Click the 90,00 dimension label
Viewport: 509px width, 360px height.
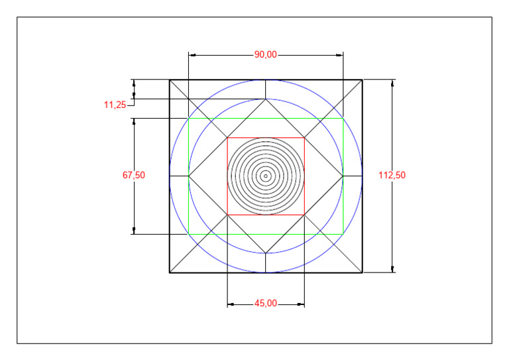click(x=266, y=55)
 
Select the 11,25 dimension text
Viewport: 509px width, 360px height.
click(x=115, y=105)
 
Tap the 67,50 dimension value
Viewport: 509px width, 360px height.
click(x=133, y=176)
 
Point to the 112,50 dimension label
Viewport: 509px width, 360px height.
click(x=392, y=176)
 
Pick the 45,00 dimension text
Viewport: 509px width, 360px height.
click(x=266, y=304)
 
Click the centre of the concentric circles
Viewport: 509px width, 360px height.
click(x=266, y=176)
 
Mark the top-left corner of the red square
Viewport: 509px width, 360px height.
click(x=227, y=138)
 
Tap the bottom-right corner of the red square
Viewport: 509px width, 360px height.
click(x=304, y=215)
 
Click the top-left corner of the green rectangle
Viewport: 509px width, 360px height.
click(x=189, y=119)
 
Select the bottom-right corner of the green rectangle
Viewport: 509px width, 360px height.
click(x=343, y=234)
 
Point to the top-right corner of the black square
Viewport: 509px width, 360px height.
click(x=363, y=80)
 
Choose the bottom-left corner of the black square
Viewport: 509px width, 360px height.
click(x=170, y=272)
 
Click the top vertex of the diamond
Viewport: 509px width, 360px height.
click(x=266, y=99)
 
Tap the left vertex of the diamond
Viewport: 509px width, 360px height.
click(x=189, y=176)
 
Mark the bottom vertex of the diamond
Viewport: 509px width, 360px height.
click(x=266, y=253)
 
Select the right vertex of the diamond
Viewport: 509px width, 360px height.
click(x=343, y=176)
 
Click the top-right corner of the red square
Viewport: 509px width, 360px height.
click(x=304, y=138)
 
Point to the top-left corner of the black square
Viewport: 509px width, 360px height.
click(x=170, y=80)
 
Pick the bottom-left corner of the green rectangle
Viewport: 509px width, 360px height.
click(x=189, y=234)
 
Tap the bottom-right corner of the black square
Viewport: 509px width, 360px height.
click(x=363, y=272)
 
